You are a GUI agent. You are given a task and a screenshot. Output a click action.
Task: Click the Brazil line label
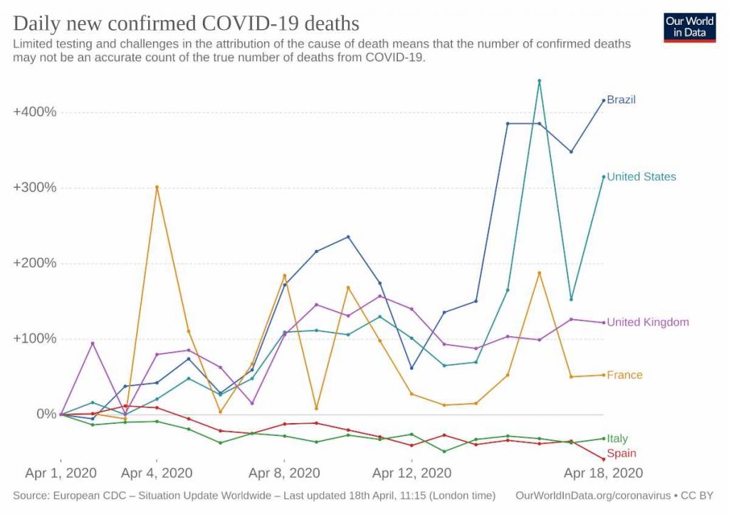click(621, 100)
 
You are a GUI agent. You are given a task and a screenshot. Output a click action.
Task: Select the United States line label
click(641, 177)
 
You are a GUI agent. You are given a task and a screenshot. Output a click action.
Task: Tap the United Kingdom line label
click(648, 322)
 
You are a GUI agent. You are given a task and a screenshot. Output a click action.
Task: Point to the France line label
click(624, 375)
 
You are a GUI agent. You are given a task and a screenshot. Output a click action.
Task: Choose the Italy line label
click(617, 438)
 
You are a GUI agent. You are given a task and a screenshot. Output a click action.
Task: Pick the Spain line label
click(622, 453)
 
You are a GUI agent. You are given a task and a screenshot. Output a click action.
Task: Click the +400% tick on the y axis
click(35, 113)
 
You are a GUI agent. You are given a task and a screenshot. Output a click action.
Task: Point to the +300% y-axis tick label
click(35, 188)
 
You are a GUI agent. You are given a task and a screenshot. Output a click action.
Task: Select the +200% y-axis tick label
click(35, 264)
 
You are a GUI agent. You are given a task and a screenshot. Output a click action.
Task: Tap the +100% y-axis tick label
click(35, 339)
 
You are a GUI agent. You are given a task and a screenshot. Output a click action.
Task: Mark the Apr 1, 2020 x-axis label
click(61, 473)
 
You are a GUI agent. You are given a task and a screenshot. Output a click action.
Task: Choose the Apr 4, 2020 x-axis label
click(157, 473)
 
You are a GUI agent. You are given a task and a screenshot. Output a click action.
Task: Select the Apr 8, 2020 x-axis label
click(285, 473)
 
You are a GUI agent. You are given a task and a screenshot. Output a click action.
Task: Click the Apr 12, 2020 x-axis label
click(412, 473)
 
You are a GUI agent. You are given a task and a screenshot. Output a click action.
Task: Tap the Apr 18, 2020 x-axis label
click(603, 473)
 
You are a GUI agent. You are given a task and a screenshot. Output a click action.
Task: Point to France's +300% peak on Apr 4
click(157, 187)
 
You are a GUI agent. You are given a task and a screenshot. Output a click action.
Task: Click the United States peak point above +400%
click(540, 81)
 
